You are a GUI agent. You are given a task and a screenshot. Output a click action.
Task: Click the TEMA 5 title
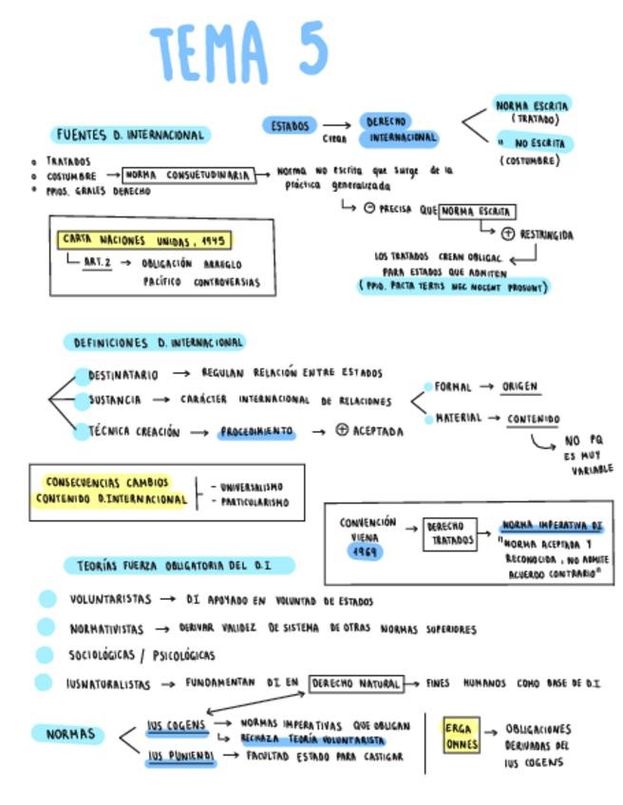tap(239, 51)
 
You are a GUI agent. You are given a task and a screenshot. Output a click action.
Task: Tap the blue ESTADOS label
tap(290, 125)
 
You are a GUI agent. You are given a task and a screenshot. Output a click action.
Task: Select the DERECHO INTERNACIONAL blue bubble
tap(399, 130)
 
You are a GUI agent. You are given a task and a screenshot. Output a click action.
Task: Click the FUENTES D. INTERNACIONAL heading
tap(130, 135)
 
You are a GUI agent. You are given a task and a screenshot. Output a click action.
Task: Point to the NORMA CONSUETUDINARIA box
tap(190, 176)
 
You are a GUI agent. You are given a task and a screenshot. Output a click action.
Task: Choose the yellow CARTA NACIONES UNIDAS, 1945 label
tap(143, 241)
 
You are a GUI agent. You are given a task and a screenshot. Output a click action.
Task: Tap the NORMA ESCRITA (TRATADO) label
tap(532, 112)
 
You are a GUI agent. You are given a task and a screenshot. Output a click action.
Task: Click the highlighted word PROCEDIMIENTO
tap(256, 432)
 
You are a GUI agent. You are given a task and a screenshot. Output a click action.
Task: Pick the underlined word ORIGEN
tap(520, 387)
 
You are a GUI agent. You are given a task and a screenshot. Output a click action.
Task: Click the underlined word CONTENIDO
tap(533, 419)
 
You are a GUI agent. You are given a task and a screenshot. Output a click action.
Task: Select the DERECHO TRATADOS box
tap(450, 534)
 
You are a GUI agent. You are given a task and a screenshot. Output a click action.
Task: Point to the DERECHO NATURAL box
tap(356, 683)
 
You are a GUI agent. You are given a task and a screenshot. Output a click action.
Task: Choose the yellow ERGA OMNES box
tap(462, 737)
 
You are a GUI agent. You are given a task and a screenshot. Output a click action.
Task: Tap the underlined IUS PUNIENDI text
tap(181, 757)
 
